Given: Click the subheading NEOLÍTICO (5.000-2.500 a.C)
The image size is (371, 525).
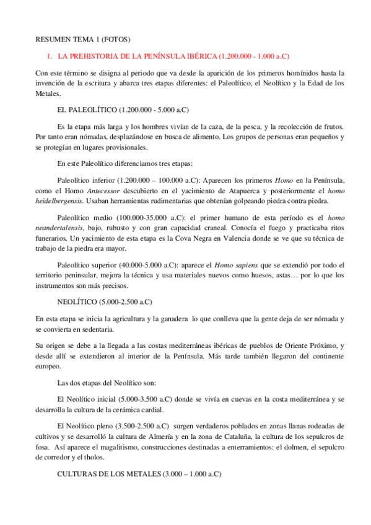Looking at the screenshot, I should point(104,302).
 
